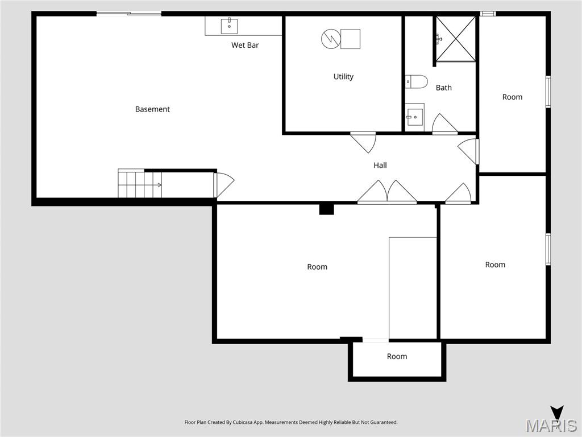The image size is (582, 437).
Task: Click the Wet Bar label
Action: pos(245,45)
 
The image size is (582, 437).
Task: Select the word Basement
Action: pos(152,109)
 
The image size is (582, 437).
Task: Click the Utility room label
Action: pos(343,76)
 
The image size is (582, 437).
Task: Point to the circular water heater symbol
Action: pos(330,39)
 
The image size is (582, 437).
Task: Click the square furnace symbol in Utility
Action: pos(350,39)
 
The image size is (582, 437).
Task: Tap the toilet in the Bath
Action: pos(417,82)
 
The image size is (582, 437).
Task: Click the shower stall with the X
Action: pos(456,39)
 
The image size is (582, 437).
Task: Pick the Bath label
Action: pos(444,88)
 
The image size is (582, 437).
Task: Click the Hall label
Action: pos(380,165)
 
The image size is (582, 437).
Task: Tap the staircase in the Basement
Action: pos(139,184)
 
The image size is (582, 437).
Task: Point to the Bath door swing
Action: pos(444,125)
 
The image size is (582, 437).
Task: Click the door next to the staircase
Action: pos(223,184)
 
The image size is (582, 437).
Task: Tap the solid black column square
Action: pos(326,209)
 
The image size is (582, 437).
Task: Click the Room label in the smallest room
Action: pos(397,356)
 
